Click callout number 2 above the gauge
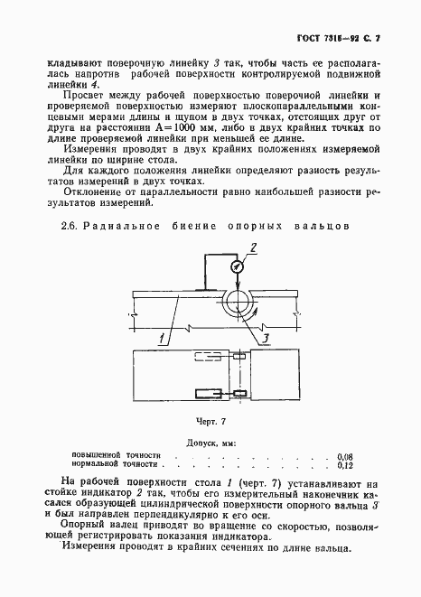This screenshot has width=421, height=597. (254, 247)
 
